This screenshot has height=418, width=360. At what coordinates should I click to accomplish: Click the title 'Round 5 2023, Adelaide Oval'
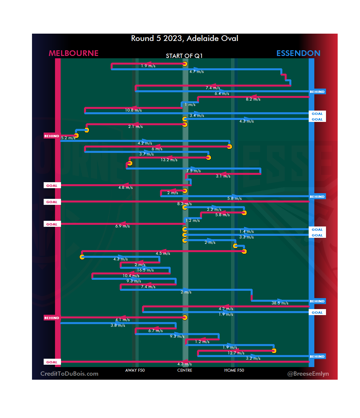[184, 38]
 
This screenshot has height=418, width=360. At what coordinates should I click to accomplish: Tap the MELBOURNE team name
[74, 53]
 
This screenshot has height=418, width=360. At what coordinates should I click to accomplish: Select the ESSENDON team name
[298, 53]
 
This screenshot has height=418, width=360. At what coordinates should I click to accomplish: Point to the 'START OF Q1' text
[184, 56]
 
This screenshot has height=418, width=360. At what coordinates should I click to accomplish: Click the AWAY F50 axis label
[135, 370]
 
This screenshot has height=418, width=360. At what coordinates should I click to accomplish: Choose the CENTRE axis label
[185, 370]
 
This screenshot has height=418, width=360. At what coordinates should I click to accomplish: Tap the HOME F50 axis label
[234, 370]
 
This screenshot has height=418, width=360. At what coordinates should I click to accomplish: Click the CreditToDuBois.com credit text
[69, 374]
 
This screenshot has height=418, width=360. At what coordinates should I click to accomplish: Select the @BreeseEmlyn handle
[308, 374]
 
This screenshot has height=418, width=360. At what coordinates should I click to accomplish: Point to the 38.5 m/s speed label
[280, 303]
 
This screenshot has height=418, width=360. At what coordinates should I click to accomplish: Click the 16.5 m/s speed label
[145, 270]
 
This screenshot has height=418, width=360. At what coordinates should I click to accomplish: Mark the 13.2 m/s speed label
[169, 160]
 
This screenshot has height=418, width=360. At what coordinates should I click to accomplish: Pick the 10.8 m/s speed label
[133, 110]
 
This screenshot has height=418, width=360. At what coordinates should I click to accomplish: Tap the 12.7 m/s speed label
[236, 353]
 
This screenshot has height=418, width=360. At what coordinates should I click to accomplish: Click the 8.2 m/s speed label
[253, 99]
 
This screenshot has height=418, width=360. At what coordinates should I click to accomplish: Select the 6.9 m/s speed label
[122, 226]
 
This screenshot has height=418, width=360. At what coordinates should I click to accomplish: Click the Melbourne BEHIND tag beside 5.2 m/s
[52, 136]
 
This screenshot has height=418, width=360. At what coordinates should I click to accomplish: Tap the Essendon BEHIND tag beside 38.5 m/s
[317, 301]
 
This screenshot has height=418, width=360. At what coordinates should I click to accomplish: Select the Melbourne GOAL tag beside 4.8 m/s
[52, 186]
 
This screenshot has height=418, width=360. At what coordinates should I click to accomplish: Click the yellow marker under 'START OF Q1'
[185, 64]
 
